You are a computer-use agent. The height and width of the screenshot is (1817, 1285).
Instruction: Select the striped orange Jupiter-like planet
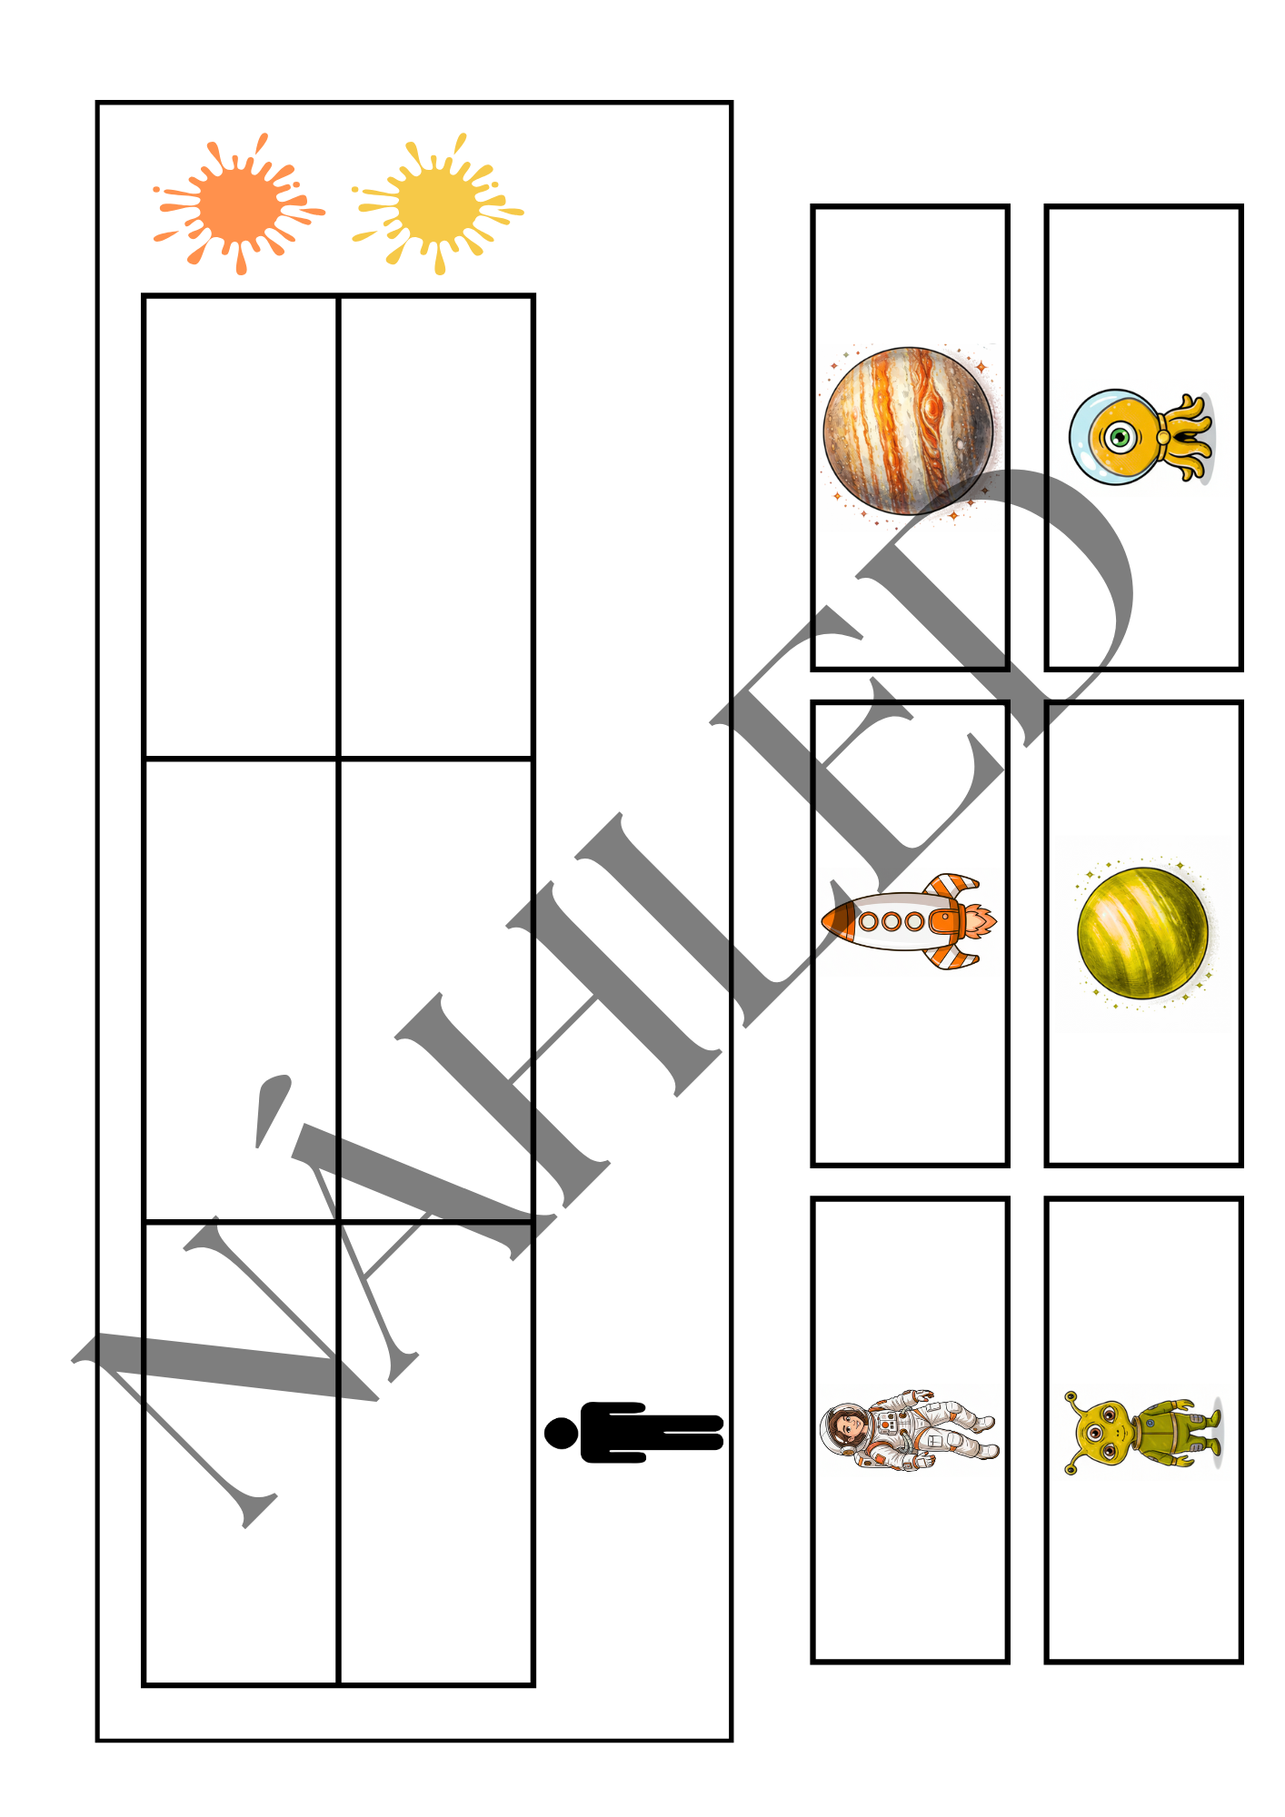tap(908, 431)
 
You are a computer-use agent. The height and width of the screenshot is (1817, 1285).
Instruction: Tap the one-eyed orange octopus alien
tap(1141, 437)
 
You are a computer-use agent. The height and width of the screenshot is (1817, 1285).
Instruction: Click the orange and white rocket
tap(909, 921)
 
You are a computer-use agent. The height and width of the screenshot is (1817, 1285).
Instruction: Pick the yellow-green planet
tap(1142, 933)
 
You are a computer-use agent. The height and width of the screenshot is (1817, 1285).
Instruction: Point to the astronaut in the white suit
tap(909, 1430)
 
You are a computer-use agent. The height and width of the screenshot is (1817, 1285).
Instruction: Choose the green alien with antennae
tap(1142, 1433)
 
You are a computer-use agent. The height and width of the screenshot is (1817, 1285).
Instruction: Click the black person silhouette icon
tap(633, 1433)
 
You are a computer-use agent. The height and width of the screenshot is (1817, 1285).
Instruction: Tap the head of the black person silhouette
tap(561, 1433)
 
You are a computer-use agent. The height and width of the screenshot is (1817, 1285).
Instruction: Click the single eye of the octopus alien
tap(1121, 437)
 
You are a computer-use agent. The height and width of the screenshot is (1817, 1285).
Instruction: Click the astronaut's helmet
tap(845, 1428)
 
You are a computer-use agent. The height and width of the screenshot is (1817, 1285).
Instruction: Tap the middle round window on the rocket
tap(891, 921)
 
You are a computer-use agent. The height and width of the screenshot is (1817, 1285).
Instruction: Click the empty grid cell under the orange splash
tap(241, 526)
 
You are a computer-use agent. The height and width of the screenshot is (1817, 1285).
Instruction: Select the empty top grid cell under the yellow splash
tap(435, 526)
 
